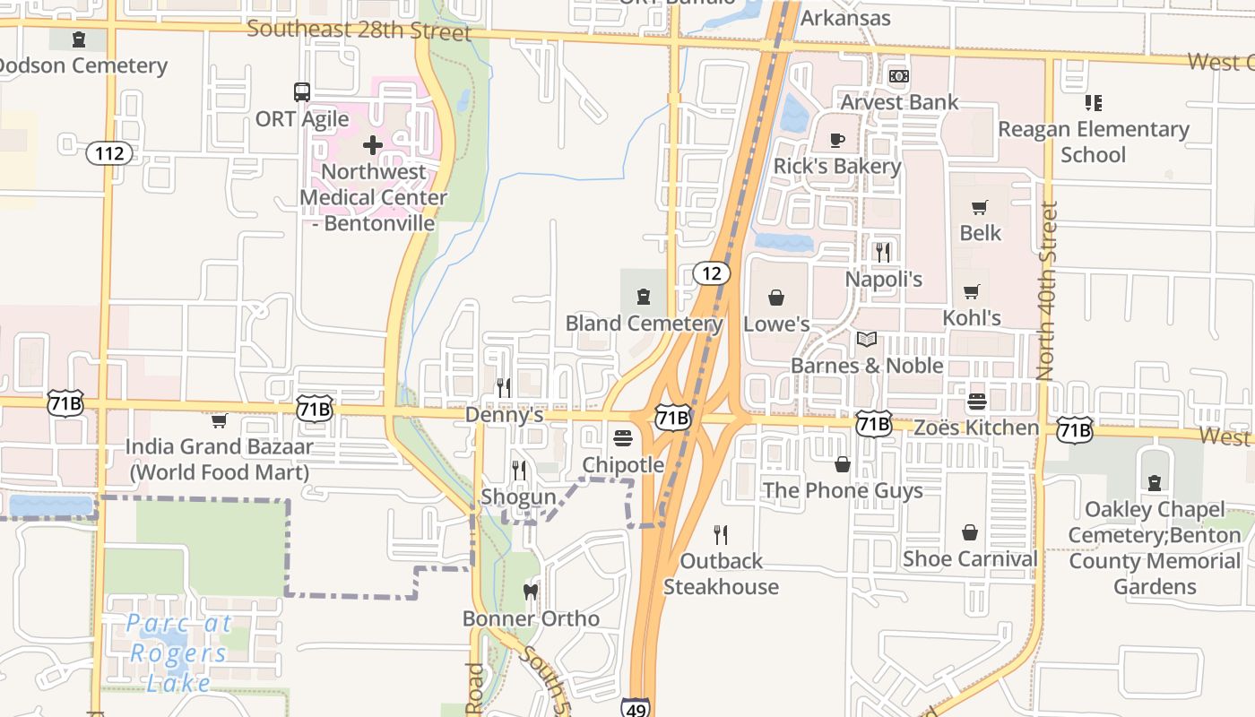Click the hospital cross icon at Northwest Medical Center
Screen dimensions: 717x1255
[373, 145]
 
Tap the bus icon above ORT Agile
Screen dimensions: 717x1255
[302, 92]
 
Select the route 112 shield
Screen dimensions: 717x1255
[109, 153]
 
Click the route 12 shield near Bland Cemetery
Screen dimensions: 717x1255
[711, 273]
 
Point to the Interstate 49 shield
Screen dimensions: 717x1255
[636, 707]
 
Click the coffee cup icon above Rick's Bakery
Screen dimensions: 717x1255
[836, 141]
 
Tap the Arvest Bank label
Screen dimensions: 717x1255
[899, 102]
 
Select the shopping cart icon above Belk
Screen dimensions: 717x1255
[980, 208]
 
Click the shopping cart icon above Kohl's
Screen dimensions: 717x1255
[972, 292]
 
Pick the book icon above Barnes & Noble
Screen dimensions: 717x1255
[866, 340]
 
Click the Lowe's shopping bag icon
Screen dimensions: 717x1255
[776, 298]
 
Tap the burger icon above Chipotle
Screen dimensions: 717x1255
[623, 438]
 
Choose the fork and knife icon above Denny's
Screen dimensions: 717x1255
[504, 387]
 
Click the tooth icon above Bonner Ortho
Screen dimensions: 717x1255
[531, 592]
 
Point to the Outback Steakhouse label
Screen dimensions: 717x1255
[721, 574]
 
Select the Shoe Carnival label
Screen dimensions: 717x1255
[970, 558]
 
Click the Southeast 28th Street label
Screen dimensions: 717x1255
[359, 30]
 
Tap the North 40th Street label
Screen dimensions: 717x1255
[1046, 291]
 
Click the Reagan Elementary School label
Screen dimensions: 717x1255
[1094, 142]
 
